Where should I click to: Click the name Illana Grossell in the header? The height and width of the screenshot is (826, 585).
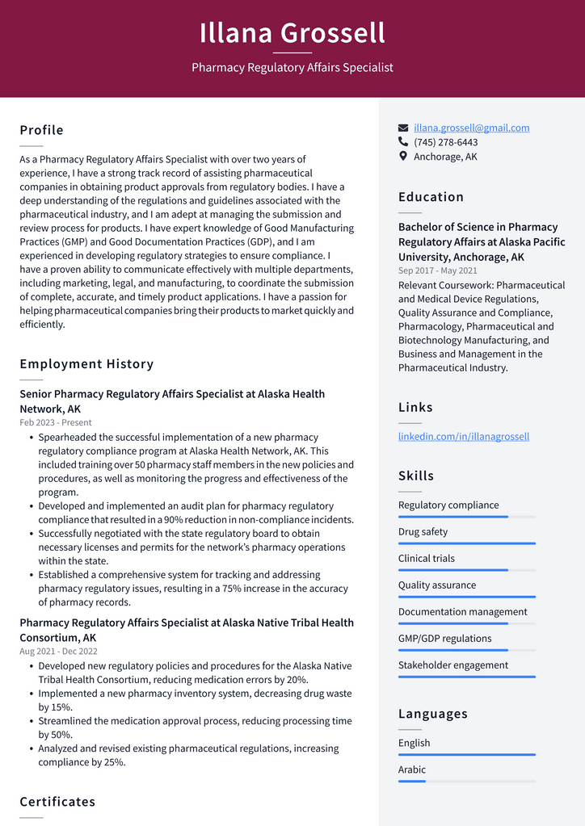[x=292, y=33]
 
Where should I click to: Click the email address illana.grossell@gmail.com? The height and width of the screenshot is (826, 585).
[x=471, y=128]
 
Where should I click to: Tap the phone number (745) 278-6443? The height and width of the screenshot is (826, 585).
[x=445, y=142]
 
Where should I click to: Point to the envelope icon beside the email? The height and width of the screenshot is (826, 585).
[x=403, y=128]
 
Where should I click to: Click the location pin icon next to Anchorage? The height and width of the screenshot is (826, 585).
[x=403, y=157]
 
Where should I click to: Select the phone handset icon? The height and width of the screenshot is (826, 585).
[x=403, y=142]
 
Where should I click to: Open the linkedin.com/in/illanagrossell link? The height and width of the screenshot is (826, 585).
[x=463, y=436]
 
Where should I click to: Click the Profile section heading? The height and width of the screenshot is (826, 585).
[x=41, y=130]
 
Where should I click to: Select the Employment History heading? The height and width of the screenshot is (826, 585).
[x=86, y=364]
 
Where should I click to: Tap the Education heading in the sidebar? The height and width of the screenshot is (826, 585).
[x=431, y=197]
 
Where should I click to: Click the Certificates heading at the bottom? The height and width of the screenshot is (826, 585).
[x=57, y=802]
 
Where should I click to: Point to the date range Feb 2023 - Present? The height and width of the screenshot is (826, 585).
[x=56, y=422]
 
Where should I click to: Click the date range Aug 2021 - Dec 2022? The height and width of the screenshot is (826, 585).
[x=58, y=652]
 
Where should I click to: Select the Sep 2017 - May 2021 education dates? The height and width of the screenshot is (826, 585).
[x=437, y=271]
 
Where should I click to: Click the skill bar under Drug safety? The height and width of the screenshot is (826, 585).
[x=466, y=543]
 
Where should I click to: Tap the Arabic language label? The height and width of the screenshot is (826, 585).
[x=411, y=769]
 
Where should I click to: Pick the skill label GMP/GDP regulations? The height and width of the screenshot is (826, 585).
[x=444, y=639]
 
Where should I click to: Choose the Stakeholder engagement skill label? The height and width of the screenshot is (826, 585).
[x=452, y=665]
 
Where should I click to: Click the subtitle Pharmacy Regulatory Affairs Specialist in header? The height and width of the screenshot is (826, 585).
[x=292, y=68]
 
